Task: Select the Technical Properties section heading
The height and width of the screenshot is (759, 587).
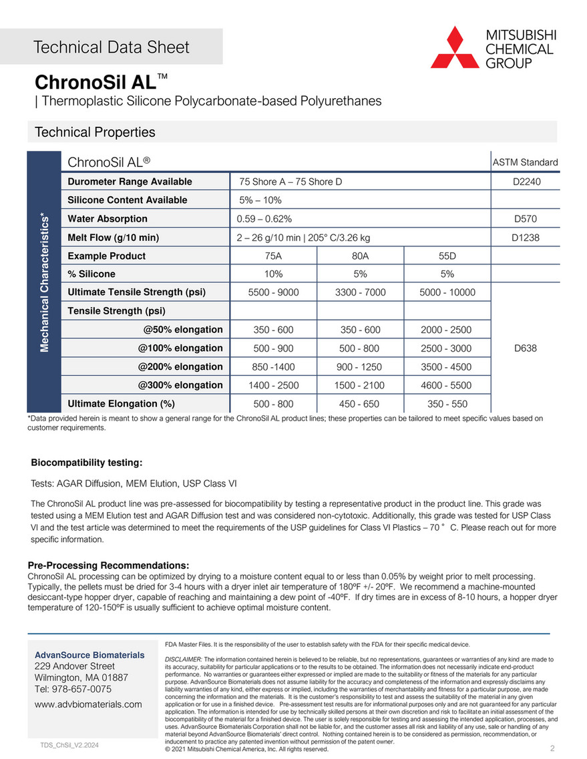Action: pos(95,132)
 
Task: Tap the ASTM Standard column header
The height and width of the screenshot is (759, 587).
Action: pos(525,162)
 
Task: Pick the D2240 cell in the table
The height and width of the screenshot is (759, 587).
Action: pos(525,182)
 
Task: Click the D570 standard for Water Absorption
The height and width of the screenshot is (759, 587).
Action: pos(525,219)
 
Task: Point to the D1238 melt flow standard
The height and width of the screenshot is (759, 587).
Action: pos(525,237)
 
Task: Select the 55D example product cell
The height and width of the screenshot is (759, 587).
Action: pos(447,256)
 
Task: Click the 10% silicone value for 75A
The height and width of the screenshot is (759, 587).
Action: pos(273,274)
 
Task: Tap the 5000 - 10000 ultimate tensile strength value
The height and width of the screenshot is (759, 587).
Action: pos(447,292)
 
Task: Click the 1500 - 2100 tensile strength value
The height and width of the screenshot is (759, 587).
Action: pos(360,385)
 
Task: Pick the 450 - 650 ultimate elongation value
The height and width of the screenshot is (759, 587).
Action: pos(360,404)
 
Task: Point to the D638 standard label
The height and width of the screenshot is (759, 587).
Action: pos(525,348)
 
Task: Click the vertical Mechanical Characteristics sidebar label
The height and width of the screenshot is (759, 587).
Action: pos(44,280)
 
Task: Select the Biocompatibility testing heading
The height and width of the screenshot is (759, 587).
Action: pos(87,463)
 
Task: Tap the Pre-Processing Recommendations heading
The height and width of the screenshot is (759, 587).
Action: pos(108,565)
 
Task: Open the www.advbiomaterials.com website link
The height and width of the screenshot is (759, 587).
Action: pos(88,704)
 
